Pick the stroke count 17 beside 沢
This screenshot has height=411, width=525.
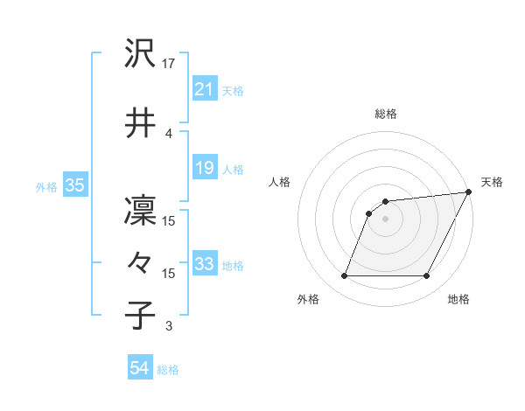[x=170, y=63]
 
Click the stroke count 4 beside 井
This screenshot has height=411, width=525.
[x=169, y=133]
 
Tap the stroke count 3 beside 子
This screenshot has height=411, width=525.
[x=169, y=326]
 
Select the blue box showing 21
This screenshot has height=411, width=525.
[x=204, y=89]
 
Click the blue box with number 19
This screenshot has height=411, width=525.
[x=204, y=168]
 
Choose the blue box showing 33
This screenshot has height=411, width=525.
[x=204, y=264]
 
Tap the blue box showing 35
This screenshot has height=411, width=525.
[x=74, y=185]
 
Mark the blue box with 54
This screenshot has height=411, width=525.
[x=139, y=369]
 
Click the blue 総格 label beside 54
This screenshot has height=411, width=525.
[x=168, y=370]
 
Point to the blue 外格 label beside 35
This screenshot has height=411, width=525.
[x=46, y=186]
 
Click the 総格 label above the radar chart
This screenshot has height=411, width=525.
[x=386, y=114]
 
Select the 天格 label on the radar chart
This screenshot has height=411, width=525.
[x=492, y=182]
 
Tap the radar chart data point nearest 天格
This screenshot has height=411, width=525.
[x=470, y=192]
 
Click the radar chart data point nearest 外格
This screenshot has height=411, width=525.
[x=345, y=276]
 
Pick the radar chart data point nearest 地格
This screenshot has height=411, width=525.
[x=426, y=276]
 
